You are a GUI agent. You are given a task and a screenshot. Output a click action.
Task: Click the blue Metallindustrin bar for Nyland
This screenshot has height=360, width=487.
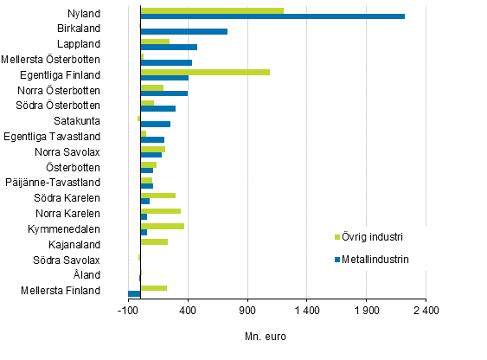[x=272, y=16]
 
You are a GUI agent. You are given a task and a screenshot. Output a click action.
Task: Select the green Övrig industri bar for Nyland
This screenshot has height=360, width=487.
[x=212, y=10]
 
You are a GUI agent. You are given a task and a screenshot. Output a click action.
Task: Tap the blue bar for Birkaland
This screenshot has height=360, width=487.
[x=183, y=32]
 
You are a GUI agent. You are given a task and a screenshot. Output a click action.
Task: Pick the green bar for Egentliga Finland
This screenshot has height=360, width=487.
[x=205, y=72]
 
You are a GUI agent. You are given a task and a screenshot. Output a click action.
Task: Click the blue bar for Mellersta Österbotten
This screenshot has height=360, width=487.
[x=166, y=62]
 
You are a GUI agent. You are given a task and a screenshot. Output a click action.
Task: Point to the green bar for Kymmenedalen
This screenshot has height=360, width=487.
[x=163, y=226]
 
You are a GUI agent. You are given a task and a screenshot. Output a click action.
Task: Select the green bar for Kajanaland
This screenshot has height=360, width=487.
[x=154, y=241]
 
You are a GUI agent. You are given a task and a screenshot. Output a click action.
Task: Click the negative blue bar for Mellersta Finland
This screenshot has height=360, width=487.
[x=134, y=294]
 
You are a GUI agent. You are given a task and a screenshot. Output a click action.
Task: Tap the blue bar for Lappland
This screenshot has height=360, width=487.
[x=169, y=47]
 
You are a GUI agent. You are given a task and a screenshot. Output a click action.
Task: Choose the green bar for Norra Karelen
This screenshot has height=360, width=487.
[x=161, y=210]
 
